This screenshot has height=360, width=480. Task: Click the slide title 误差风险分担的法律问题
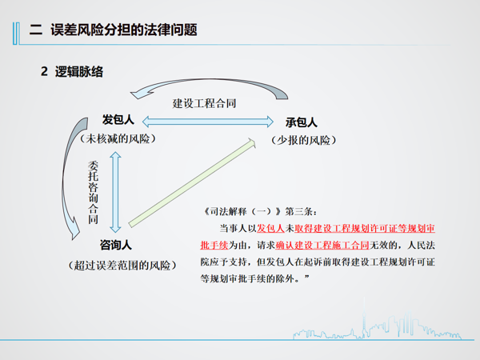[124, 30]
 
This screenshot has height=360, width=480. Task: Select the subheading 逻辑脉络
[79, 72]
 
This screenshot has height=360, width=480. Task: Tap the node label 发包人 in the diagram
[118, 119]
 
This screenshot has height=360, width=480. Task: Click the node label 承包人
[302, 122]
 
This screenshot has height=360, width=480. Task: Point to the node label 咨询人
[116, 245]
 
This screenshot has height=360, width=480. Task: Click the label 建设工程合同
[204, 103]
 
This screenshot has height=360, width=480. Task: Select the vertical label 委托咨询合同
[93, 192]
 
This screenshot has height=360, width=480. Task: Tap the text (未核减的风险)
[118, 138]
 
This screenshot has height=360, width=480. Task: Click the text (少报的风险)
[304, 140]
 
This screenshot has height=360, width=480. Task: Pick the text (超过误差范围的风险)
[122, 265]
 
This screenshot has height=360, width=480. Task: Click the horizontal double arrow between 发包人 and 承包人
[208, 122]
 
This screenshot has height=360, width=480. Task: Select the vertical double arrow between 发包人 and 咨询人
[115, 192]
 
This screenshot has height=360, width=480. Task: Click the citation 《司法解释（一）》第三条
[261, 211]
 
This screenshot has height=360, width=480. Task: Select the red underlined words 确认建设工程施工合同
[322, 246]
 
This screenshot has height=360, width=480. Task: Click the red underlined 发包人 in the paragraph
[270, 228]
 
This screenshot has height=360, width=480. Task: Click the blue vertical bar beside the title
[16, 34]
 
